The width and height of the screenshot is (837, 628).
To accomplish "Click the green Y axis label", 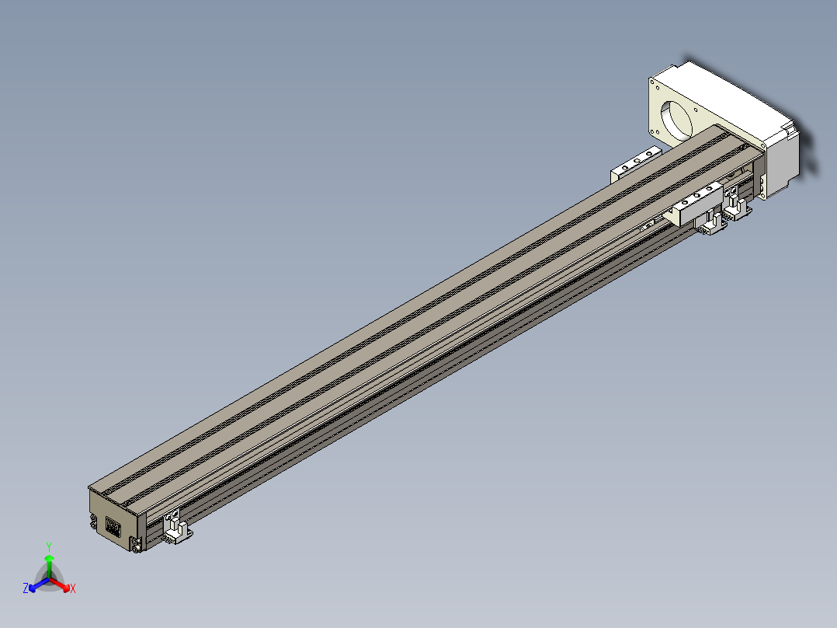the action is coord(49,546).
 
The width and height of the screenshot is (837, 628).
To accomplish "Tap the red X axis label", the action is coord(73,588).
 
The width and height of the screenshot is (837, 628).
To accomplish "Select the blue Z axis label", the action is coord(26,588).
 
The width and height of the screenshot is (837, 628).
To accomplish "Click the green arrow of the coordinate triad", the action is coord(49,566).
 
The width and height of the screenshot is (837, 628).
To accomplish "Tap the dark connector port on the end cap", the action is coord(113,527).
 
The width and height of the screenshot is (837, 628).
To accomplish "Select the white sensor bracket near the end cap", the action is coord(177,529).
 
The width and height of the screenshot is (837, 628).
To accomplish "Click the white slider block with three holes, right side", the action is coord(696,203).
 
